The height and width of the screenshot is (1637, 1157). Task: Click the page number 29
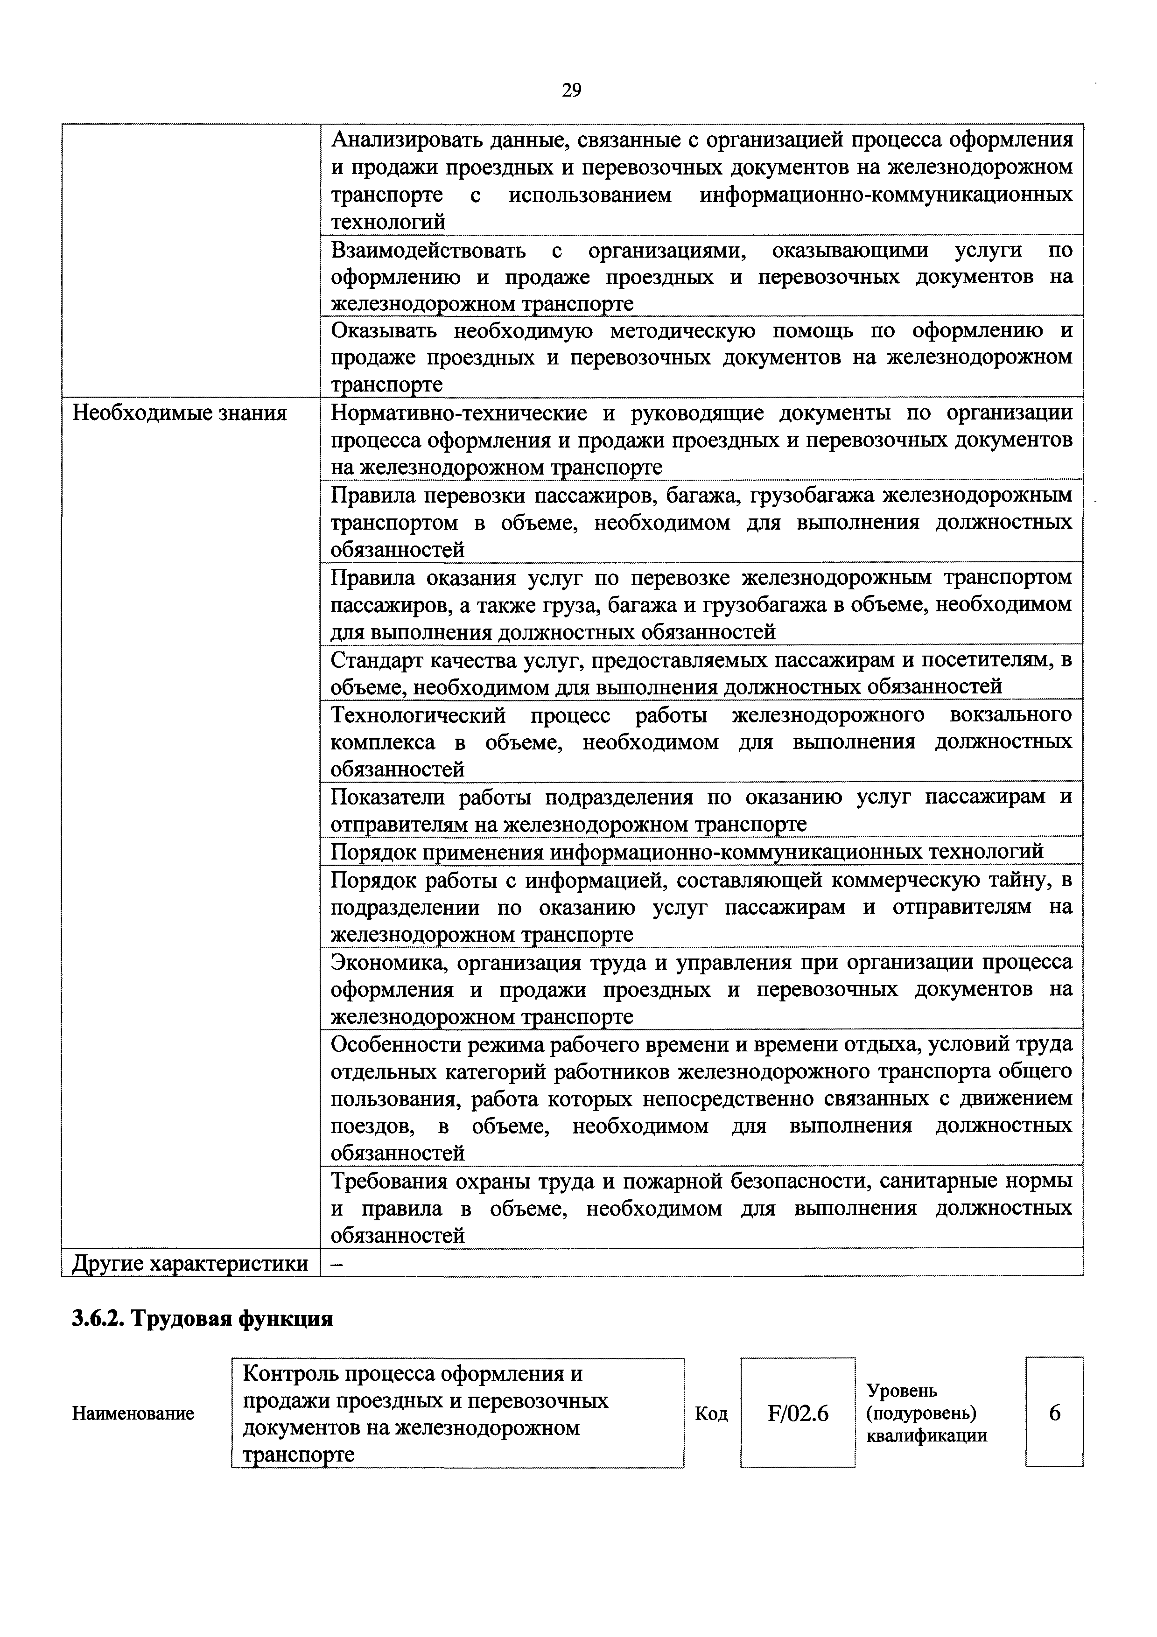571,90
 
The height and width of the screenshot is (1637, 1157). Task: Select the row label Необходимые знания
180,413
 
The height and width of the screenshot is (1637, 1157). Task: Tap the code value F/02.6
798,1413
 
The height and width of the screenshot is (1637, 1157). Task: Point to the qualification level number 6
1054,1413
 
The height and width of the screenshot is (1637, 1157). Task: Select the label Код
711,1414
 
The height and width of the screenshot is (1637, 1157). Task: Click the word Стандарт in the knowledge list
378,661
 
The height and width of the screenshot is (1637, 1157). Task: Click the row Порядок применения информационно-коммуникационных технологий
687,851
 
